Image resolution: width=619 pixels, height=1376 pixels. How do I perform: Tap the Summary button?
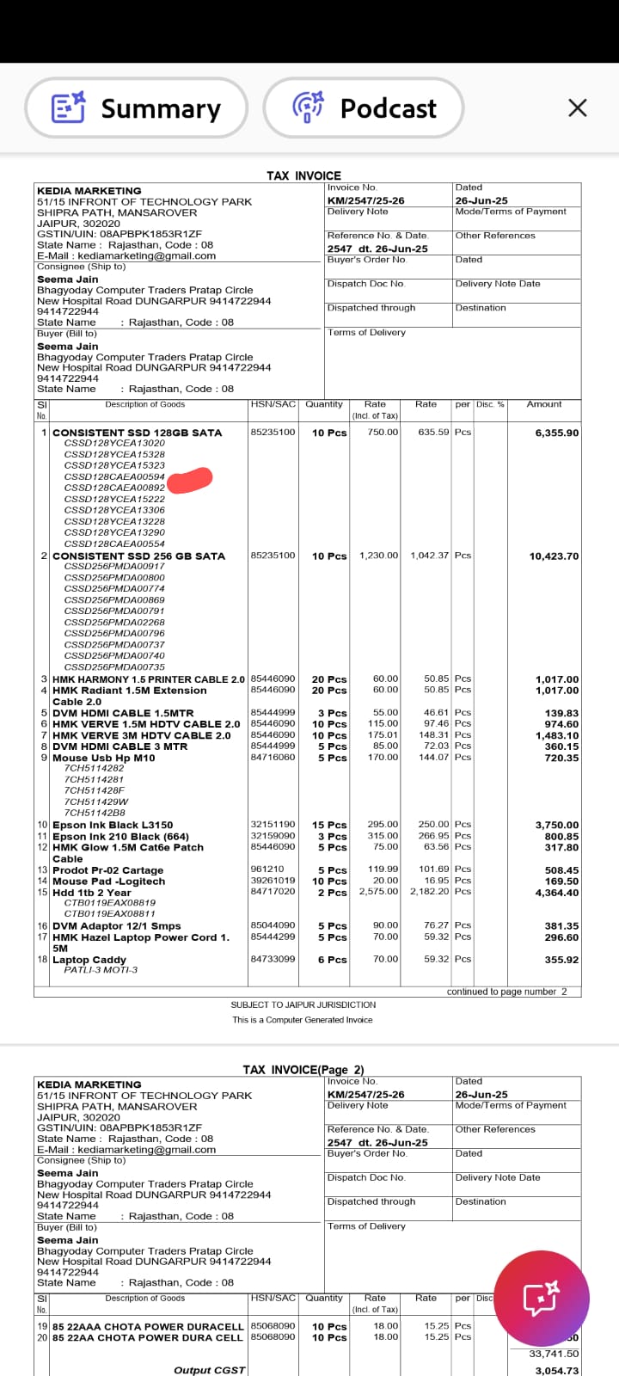click(x=137, y=108)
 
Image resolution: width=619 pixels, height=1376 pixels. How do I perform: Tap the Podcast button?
click(x=364, y=108)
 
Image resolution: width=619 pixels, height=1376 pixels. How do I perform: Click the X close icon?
click(x=578, y=107)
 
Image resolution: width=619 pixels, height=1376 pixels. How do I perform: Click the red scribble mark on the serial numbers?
click(x=189, y=479)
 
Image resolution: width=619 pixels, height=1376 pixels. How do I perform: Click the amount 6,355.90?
click(x=556, y=433)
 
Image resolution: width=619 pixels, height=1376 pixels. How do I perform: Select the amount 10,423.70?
click(x=554, y=556)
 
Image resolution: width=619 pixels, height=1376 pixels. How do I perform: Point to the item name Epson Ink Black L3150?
click(x=113, y=825)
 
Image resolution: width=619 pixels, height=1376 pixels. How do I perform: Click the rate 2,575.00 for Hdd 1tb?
click(x=378, y=892)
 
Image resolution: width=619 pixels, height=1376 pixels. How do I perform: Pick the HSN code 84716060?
click(x=273, y=758)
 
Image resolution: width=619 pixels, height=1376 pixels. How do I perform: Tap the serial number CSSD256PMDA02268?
click(x=114, y=622)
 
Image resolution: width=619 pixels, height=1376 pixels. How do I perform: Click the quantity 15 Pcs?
click(x=329, y=825)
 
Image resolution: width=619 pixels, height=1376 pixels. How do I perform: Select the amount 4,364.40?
click(x=556, y=893)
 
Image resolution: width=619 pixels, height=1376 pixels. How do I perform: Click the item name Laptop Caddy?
click(x=89, y=960)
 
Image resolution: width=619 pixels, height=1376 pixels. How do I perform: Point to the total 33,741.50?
click(x=554, y=1354)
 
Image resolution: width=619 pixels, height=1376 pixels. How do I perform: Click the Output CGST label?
click(x=209, y=1370)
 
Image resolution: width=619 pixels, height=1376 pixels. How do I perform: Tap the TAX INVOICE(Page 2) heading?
click(x=303, y=1070)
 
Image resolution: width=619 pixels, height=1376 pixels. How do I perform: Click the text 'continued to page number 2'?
click(x=506, y=992)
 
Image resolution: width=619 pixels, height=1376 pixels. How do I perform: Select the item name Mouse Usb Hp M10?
click(x=104, y=758)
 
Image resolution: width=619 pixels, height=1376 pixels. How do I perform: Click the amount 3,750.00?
click(x=556, y=825)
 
